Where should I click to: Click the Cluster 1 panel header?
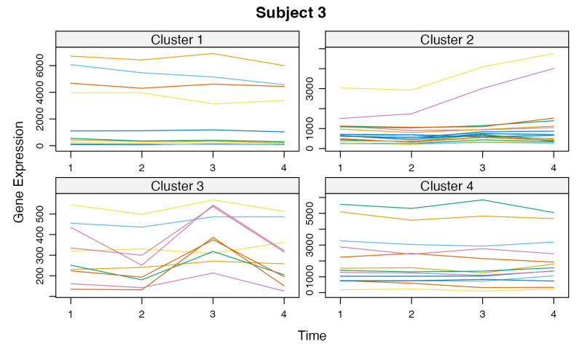click(x=177, y=39)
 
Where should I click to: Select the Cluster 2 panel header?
click(x=447, y=39)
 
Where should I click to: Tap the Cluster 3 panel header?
click(x=177, y=186)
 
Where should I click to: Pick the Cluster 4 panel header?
click(x=447, y=186)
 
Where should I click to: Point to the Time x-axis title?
click(x=312, y=336)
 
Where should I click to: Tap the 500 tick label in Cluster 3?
click(x=42, y=214)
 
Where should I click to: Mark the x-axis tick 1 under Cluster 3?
click(x=71, y=313)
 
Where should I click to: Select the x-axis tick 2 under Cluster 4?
click(x=412, y=313)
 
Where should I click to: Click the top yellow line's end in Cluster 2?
click(x=554, y=54)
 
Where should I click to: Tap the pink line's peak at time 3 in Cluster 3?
click(x=212, y=206)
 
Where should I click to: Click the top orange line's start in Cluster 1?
click(x=71, y=56)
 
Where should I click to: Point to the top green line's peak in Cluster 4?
click(x=482, y=200)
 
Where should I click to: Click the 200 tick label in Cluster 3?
click(x=42, y=276)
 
